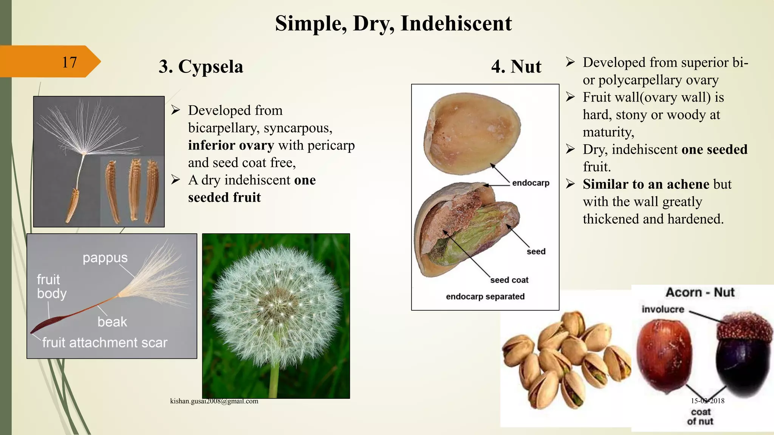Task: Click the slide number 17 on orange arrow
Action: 69,62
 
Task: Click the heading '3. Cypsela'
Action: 201,67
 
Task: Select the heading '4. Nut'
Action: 516,67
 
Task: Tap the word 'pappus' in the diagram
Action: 105,258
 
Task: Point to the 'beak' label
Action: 112,322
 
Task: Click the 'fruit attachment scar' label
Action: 105,342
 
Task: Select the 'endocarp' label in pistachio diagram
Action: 530,183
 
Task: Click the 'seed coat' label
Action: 509,280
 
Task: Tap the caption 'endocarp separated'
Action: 485,296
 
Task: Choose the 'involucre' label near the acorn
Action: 663,309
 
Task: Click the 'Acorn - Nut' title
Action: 700,292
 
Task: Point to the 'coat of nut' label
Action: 700,416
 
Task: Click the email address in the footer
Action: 214,401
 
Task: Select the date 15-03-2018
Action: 707,401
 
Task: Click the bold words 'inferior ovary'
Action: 231,145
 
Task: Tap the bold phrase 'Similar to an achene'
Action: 646,184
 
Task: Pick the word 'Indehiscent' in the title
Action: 456,23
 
